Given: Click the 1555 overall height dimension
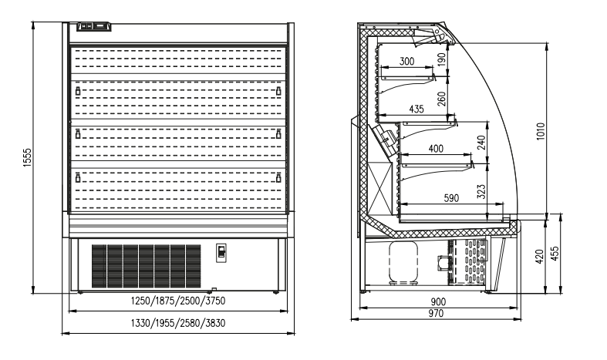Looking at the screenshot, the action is (x=27, y=157).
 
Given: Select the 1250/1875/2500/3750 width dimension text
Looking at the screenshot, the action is (x=178, y=301).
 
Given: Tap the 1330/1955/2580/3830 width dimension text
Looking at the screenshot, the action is (x=178, y=323).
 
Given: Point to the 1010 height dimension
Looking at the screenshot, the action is (x=541, y=131).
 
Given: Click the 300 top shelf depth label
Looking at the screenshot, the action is (x=406, y=61).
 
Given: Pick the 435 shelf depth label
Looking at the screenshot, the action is (x=416, y=109).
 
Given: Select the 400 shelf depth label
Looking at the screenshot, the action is (x=436, y=149).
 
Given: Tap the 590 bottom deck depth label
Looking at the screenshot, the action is (x=451, y=198).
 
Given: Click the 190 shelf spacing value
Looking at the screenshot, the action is (x=442, y=59).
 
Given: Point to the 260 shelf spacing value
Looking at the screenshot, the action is (x=442, y=99).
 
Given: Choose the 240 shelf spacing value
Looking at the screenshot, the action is (x=481, y=143).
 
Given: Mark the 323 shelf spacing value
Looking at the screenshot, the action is (x=481, y=192).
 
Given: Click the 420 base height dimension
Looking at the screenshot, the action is (x=539, y=257).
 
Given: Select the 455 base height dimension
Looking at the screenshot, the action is (x=555, y=254).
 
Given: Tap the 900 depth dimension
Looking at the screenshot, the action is (x=438, y=301).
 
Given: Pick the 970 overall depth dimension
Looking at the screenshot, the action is (x=436, y=314).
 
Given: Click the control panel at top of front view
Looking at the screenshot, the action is (x=94, y=26).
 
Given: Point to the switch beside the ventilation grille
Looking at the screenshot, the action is (x=221, y=253).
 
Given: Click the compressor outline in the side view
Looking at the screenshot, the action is (x=403, y=263).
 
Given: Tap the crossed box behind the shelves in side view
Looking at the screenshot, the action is (x=379, y=187).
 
